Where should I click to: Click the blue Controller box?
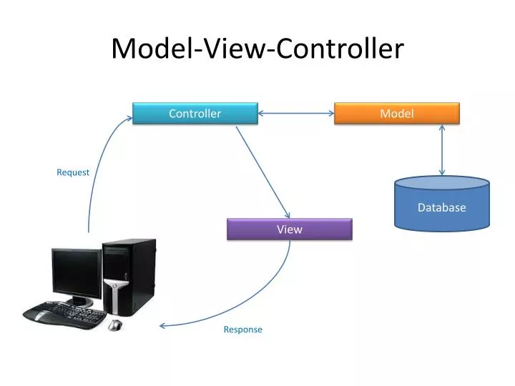tap(195, 114)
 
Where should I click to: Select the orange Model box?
tap(396, 114)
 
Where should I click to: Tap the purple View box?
tap(290, 229)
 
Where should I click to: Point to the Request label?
tap(73, 172)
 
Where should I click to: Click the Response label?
tap(242, 330)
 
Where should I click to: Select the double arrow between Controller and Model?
tap(296, 112)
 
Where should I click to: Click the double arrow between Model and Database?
tap(442, 151)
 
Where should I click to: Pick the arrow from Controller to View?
tap(263, 172)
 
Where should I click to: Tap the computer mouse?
tap(114, 325)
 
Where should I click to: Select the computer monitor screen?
tap(76, 274)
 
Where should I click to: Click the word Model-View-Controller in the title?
tap(257, 48)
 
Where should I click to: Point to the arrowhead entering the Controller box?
tap(128, 119)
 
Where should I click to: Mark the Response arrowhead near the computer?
tap(163, 325)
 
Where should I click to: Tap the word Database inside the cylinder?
tap(442, 207)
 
